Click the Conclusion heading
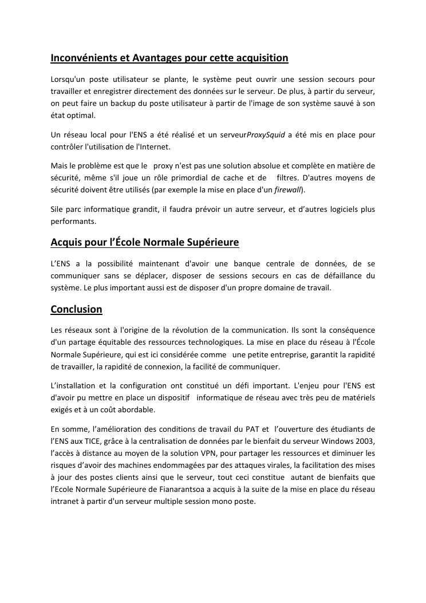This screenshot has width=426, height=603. [76, 309]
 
